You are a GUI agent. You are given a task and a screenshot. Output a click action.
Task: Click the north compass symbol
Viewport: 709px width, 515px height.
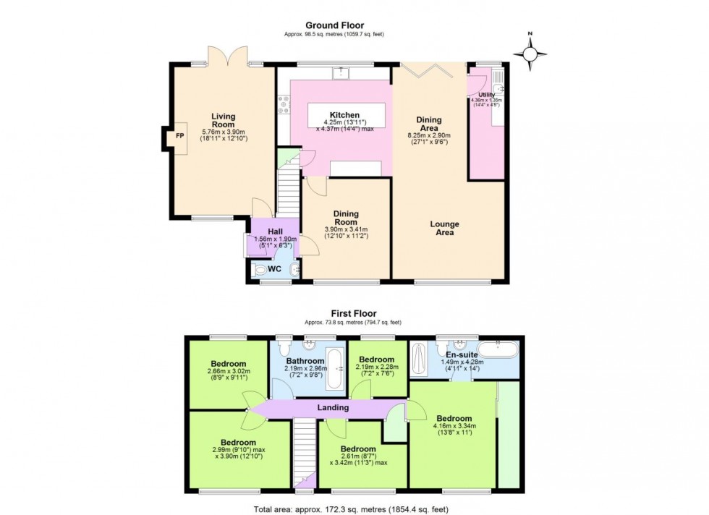530,54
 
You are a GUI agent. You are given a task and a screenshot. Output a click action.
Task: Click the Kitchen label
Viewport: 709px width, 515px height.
344,115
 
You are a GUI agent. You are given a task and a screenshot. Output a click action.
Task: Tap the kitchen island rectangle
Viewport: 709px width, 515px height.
345,115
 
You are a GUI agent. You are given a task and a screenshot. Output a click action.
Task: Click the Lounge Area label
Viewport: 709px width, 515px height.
445,229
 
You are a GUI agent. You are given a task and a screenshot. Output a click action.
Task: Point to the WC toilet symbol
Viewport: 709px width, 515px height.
260,270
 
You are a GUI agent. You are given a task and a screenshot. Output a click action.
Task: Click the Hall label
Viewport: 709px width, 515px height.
265,231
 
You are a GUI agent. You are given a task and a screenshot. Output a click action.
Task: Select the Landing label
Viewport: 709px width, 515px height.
333,408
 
